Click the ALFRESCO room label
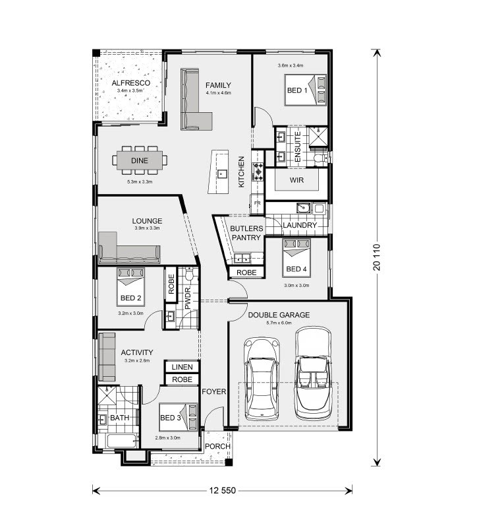130,83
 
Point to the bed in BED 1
305,89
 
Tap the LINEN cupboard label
182,367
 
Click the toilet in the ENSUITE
319,158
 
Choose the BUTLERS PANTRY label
246,233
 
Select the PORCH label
217,447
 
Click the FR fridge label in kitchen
257,203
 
